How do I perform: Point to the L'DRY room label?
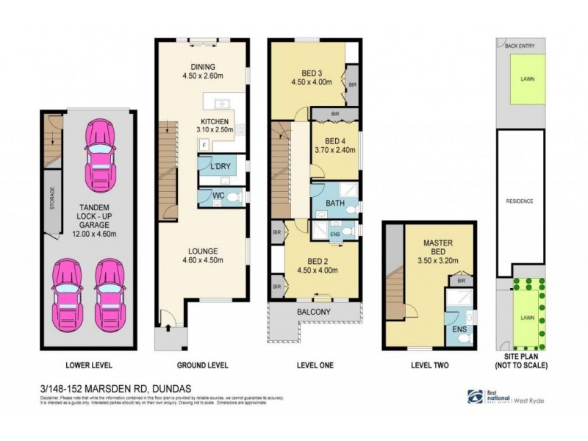pos(220,166)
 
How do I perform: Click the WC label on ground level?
pos(218,196)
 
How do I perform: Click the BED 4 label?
pos(335,145)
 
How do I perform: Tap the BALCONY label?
pos(315,312)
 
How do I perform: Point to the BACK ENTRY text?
pos(519,46)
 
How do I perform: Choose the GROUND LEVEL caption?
pos(204,365)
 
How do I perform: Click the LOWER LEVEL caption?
pos(88,365)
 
